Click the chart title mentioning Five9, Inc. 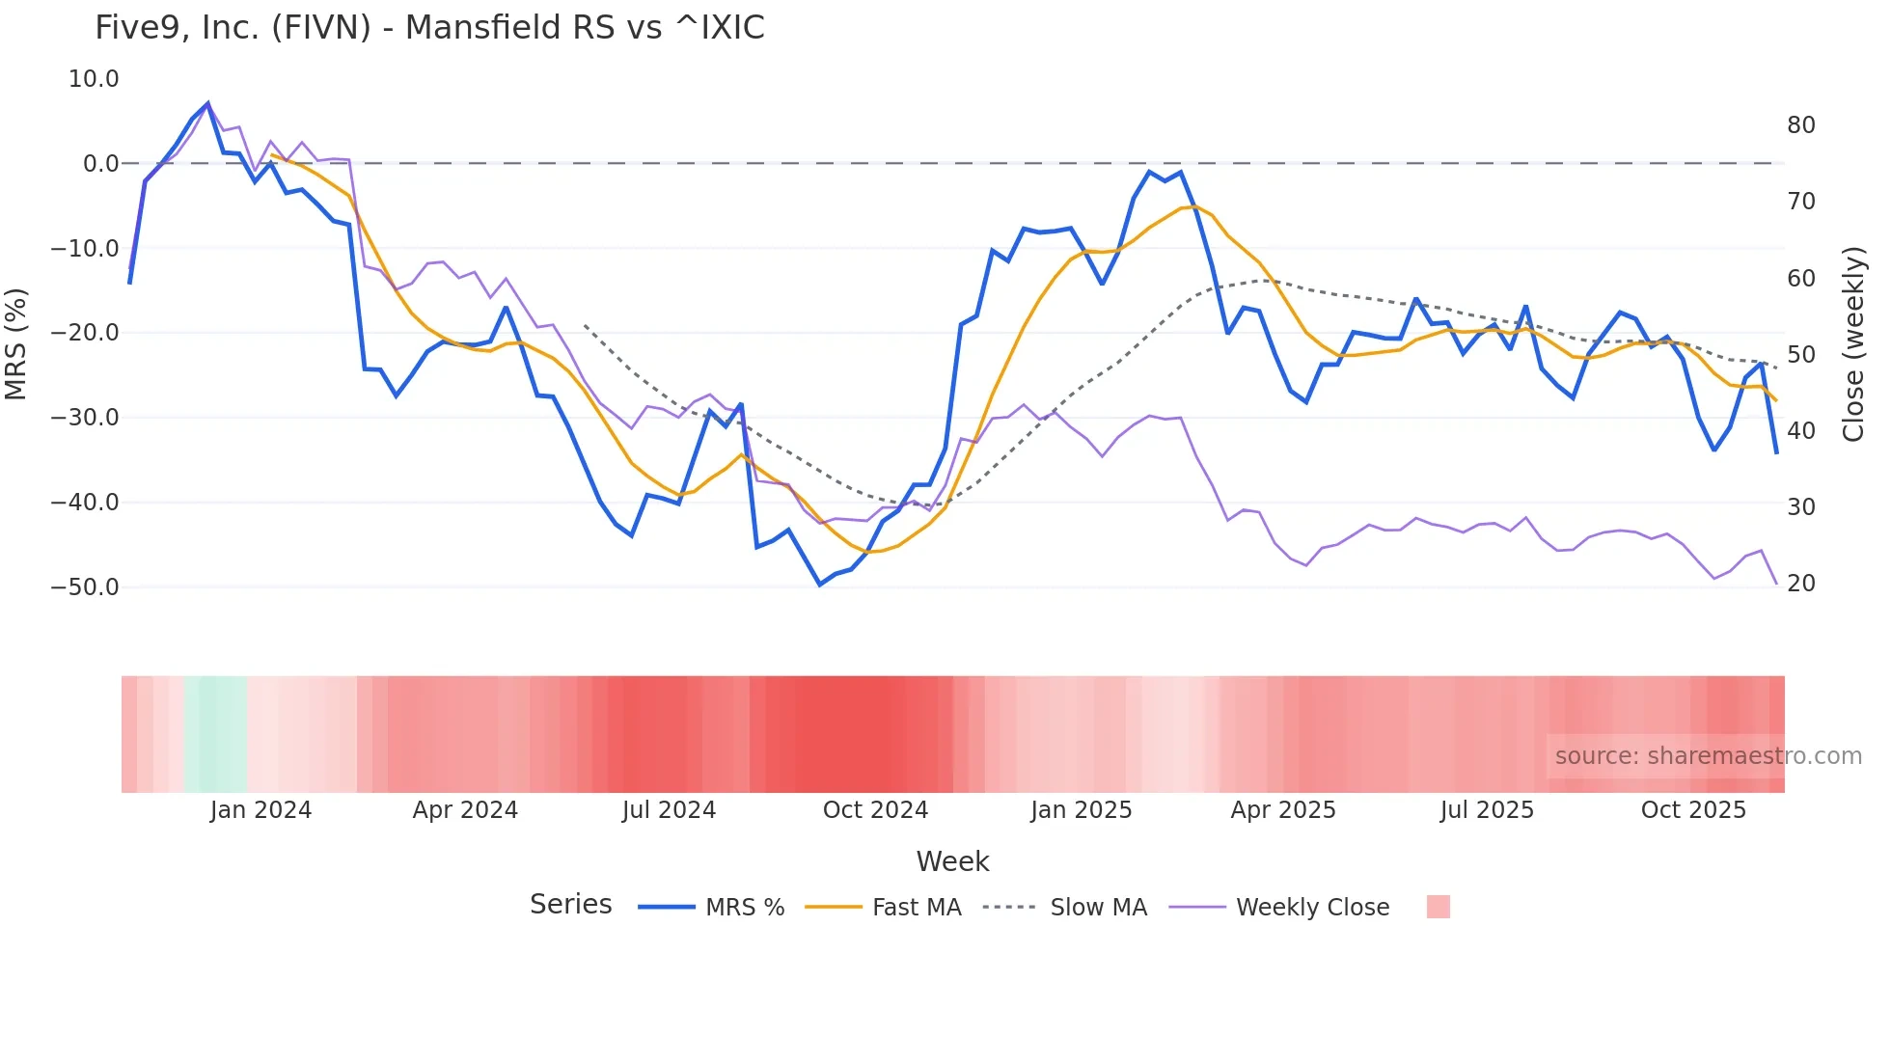(429, 28)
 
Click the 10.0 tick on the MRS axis (94, 79)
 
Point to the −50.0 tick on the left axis (85, 587)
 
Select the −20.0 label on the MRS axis (85, 333)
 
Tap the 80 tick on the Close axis (1801, 125)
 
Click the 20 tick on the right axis (1801, 584)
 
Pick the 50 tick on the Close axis (1801, 355)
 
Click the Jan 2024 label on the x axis (260, 810)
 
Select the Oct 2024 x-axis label (875, 810)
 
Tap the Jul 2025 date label (1487, 810)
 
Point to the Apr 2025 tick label (1283, 810)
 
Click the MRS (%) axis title (16, 343)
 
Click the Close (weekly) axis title (1853, 344)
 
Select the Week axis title (952, 861)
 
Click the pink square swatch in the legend (1438, 907)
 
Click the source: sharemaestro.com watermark (1708, 756)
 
